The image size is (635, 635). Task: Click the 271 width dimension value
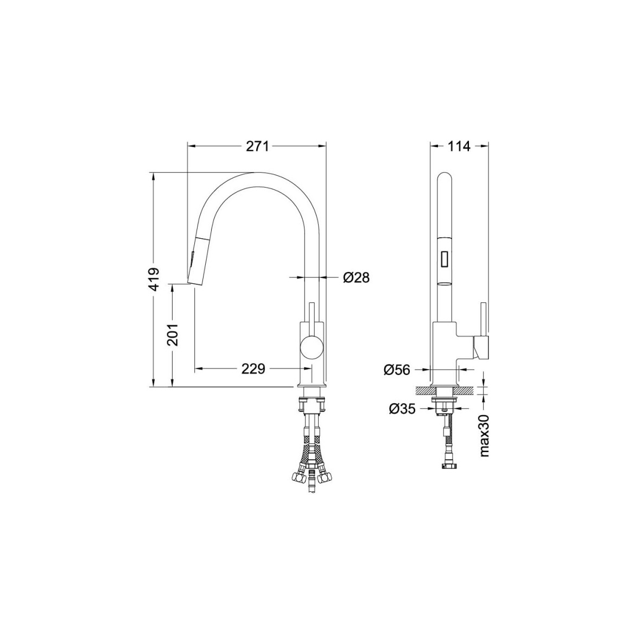coord(258,146)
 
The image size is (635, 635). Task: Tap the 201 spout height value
coord(173,334)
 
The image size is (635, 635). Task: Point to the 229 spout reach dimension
coord(253,369)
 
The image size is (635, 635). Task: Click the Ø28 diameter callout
coord(357,277)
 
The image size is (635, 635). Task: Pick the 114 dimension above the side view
coord(459,146)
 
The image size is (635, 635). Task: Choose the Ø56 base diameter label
coord(397,370)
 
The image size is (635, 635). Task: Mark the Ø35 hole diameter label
coord(402,409)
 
